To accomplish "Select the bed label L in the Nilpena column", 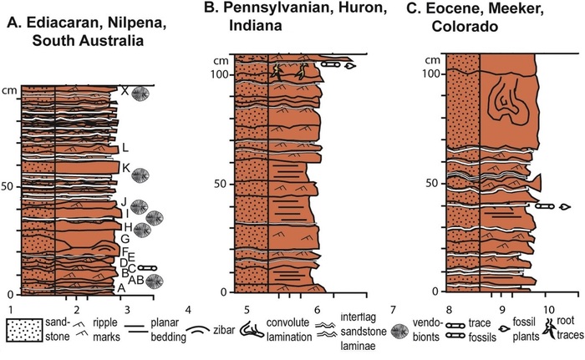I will (x=124, y=149).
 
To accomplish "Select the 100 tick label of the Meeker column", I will (x=432, y=74).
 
